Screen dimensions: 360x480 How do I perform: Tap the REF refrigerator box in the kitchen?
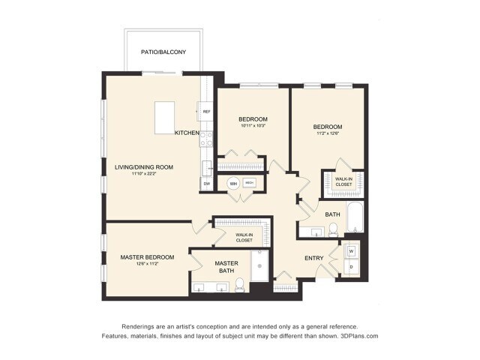(206, 111)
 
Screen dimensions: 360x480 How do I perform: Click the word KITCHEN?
(187, 133)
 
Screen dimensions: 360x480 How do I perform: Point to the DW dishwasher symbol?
(206, 184)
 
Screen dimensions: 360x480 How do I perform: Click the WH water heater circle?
(232, 183)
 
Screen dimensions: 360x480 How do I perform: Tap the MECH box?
(250, 182)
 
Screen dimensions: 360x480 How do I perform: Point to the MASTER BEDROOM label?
(147, 257)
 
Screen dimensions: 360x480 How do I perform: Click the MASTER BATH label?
(226, 267)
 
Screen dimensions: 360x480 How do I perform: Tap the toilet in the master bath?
(240, 284)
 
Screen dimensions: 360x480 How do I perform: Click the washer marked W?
(351, 250)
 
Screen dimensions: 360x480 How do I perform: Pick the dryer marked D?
(351, 267)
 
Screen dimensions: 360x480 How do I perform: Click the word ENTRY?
(314, 259)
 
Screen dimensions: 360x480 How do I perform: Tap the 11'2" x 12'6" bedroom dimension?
(328, 135)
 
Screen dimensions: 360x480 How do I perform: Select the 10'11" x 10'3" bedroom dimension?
(253, 126)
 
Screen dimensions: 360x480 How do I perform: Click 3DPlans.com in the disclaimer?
(358, 336)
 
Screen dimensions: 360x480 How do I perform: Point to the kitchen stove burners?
(206, 138)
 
